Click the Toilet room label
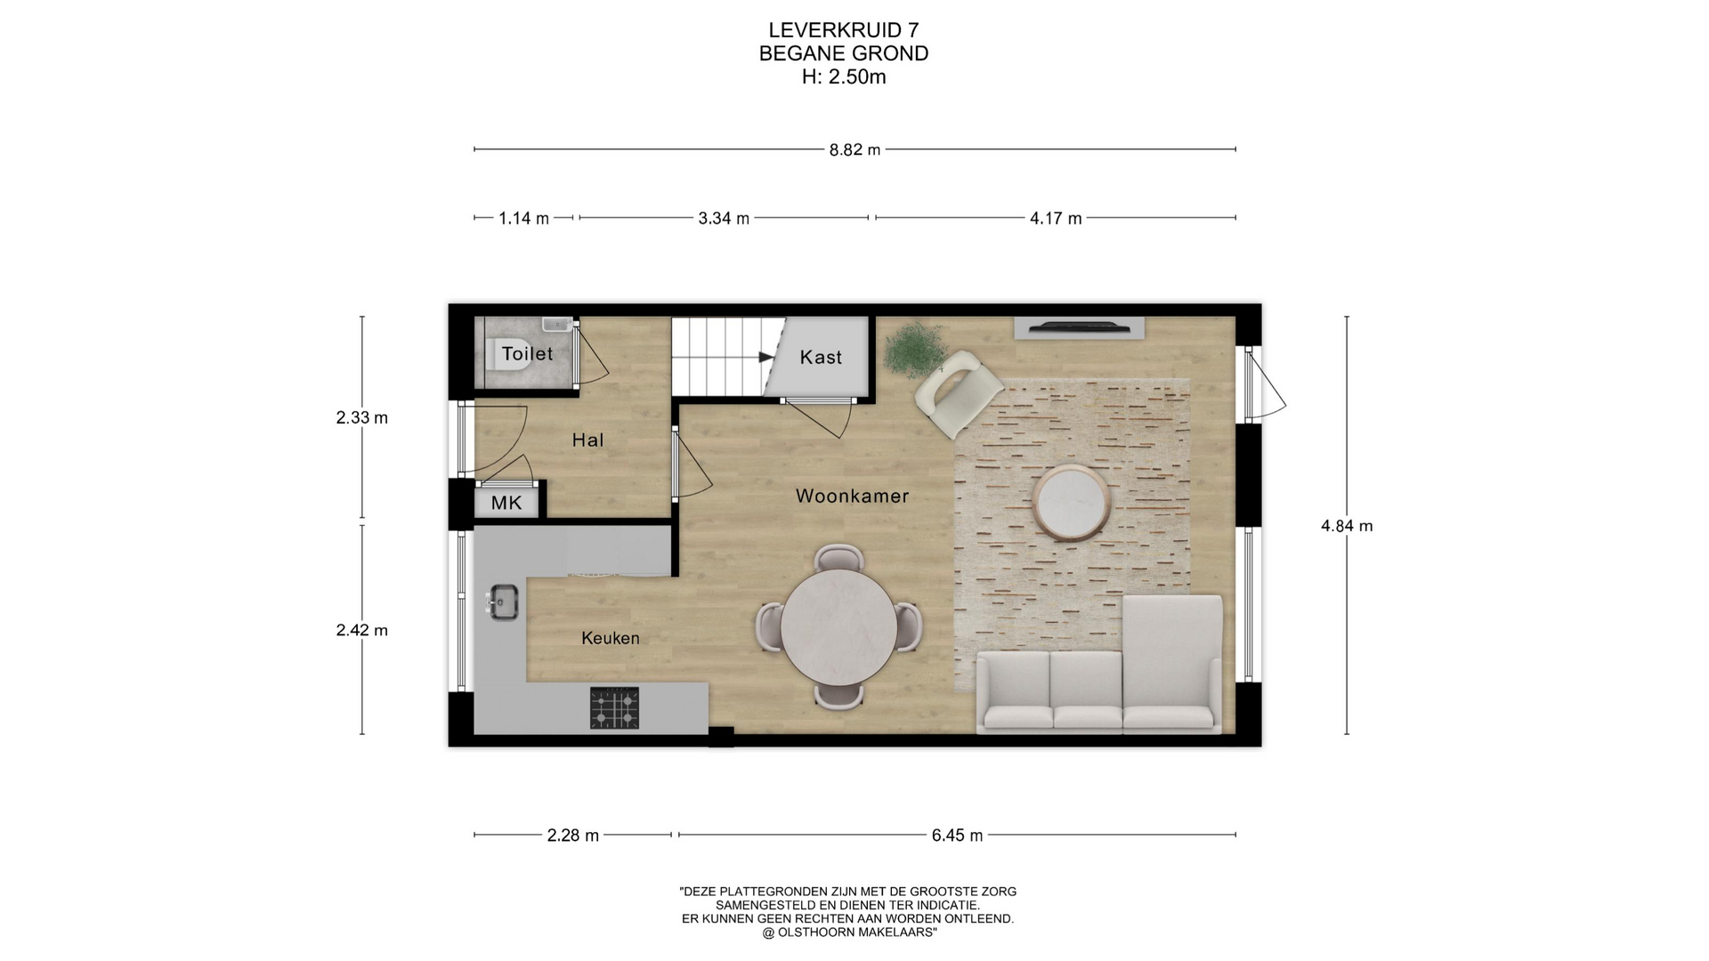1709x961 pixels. pos(527,353)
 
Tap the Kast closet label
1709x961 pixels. pos(821,357)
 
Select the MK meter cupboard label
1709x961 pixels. pos(506,503)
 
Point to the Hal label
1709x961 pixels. pos(587,440)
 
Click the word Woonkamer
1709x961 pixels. pos(852,496)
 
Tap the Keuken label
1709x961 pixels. pos(610,638)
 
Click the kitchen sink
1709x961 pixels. pos(502,602)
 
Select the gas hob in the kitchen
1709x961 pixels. pos(614,708)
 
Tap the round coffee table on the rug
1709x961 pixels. pos(1072,503)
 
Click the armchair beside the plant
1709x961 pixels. pos(959,393)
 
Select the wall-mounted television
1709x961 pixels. pos(1080,328)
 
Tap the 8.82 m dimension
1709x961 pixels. pos(854,149)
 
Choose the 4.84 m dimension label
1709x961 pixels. pos(1347,526)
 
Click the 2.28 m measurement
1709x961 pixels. pos(573,836)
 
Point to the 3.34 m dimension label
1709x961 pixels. pos(724,218)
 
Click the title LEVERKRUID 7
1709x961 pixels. pos(844,30)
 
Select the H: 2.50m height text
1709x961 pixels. pos(844,77)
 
